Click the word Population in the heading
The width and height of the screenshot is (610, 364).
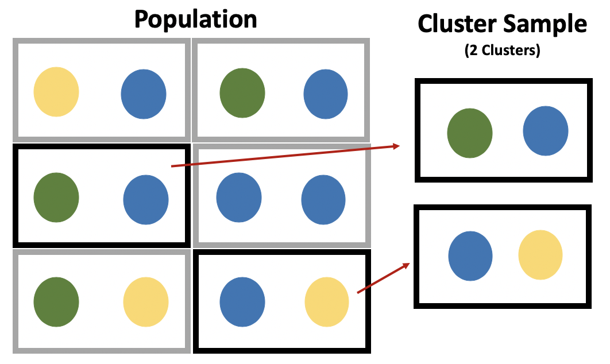(195, 20)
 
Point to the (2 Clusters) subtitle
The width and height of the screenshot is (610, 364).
(503, 51)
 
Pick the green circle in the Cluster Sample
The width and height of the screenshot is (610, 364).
(470, 134)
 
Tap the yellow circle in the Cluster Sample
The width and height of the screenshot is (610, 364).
(540, 255)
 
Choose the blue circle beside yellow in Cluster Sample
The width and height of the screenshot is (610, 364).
(470, 255)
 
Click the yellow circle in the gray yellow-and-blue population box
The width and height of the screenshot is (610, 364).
(56, 92)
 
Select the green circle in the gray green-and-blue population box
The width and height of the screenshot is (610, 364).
(242, 93)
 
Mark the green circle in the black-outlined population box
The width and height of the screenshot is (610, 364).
(56, 198)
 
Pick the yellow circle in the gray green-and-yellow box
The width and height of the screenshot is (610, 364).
(146, 301)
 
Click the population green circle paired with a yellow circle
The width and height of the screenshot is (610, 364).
(56, 301)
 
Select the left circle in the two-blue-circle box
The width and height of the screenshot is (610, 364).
(238, 198)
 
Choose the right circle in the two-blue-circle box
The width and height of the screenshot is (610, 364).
(323, 199)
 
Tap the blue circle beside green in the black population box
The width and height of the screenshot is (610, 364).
(146, 199)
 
